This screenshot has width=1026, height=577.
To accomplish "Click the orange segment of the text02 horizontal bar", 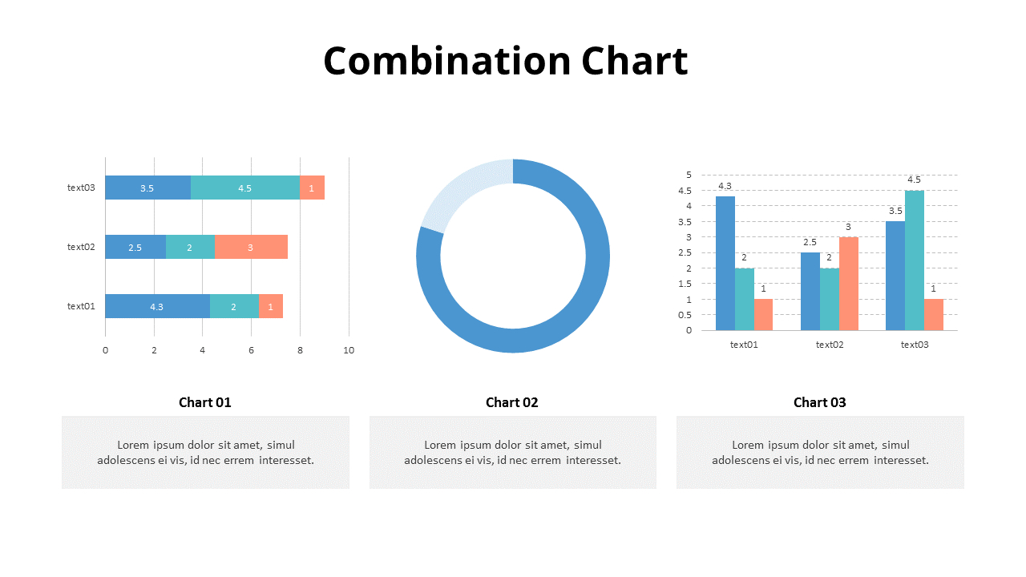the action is point(251,247).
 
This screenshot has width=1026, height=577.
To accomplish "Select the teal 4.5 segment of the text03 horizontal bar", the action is point(245,188).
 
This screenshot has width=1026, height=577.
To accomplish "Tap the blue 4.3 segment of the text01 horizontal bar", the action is point(158,306).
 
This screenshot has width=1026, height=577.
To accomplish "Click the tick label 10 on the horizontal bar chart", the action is point(349,350).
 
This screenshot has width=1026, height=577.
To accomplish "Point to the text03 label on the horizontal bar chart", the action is point(81,188).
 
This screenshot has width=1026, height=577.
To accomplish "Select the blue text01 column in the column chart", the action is point(725,264).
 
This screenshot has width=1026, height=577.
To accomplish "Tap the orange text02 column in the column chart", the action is point(848,284).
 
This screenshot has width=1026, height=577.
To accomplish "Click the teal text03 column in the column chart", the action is point(915,260).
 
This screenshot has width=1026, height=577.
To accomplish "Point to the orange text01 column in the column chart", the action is point(763,315).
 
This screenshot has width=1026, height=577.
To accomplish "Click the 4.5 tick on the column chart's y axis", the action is point(685,191).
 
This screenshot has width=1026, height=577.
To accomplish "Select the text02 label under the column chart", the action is point(830,345).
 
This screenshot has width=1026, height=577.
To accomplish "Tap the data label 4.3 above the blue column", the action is point(725,186).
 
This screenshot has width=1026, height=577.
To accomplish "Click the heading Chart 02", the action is point(511,402).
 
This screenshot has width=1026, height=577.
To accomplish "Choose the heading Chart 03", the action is point(819,402).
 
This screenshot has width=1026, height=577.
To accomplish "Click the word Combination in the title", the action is point(447,61).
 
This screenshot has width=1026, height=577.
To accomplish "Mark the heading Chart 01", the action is point(204,402).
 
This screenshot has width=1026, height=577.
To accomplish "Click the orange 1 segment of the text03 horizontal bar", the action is point(312,188).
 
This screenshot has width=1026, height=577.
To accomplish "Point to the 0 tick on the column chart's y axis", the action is point(689,331).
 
